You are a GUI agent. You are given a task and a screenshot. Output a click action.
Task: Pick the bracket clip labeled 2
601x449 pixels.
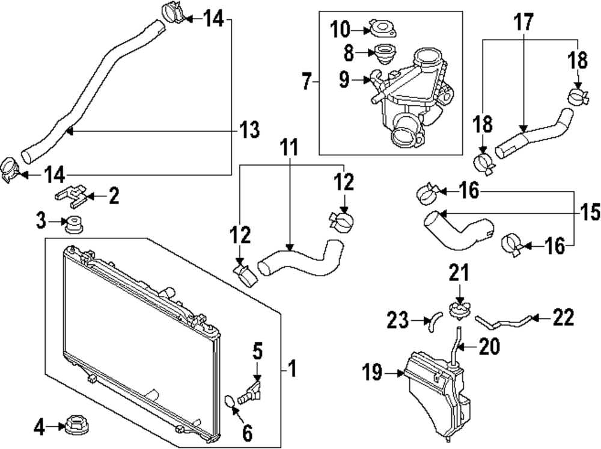coord(71,194)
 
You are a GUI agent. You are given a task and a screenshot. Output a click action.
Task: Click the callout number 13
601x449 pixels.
coord(249,129)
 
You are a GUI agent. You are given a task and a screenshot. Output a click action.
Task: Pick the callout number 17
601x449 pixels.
coord(523,23)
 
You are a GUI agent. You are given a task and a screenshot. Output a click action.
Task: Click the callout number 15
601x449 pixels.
coord(590,212)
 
